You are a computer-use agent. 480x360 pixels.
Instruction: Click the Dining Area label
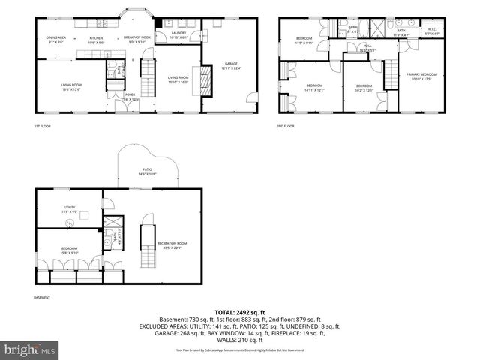click(56, 38)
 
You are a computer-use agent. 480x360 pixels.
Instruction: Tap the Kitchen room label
click(97, 39)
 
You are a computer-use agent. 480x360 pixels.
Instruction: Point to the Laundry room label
click(178, 34)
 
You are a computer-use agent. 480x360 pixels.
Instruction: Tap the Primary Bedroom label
click(422, 75)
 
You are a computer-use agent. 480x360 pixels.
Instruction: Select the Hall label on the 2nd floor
click(367, 46)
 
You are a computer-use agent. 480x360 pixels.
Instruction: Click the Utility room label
click(69, 208)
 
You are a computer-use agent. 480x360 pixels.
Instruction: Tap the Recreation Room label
click(172, 244)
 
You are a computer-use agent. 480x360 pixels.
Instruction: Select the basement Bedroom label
click(69, 249)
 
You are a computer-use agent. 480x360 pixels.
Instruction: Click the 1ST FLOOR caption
click(42, 125)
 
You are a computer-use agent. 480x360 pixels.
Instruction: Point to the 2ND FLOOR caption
click(286, 125)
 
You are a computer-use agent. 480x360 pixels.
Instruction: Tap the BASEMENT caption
click(43, 298)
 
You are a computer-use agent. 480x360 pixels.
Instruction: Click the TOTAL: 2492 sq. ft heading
click(240, 311)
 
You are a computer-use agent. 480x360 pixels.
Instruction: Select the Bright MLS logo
click(30, 349)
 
